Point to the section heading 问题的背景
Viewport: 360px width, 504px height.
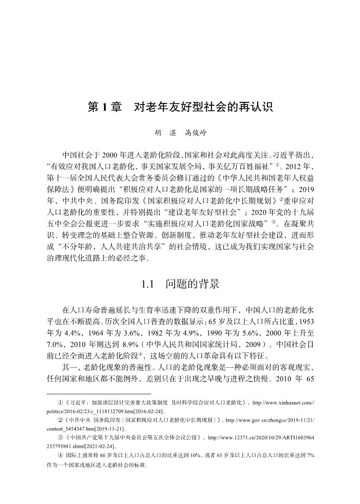click(x=193, y=284)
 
